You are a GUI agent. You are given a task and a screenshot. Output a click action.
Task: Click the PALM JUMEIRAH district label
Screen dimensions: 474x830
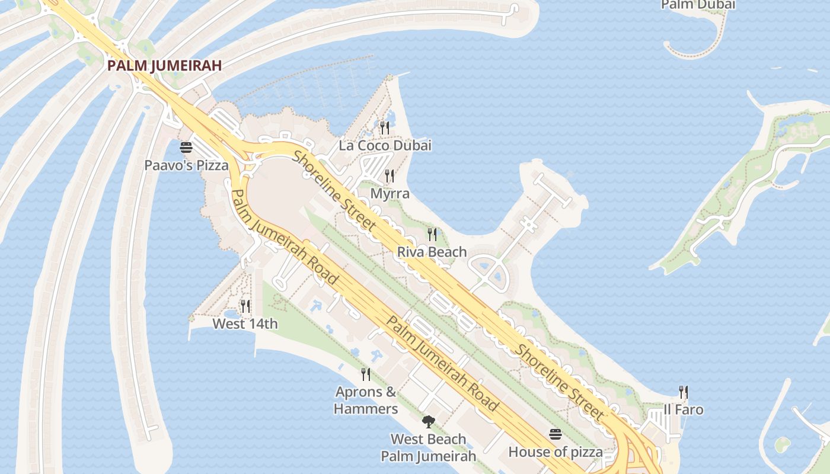click(x=164, y=65)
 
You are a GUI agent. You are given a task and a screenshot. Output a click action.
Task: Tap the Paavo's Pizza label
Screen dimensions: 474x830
click(x=186, y=165)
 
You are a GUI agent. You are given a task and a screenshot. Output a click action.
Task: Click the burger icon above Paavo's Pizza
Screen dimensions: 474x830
click(x=186, y=147)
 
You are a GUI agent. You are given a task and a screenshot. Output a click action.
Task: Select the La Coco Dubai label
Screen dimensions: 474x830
click(x=385, y=145)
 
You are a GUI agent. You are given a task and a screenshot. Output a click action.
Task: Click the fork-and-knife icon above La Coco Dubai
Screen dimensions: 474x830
click(x=384, y=127)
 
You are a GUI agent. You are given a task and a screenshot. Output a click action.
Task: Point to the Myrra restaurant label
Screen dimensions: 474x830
click(x=390, y=194)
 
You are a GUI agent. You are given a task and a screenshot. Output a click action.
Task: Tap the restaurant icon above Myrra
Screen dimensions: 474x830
click(x=389, y=175)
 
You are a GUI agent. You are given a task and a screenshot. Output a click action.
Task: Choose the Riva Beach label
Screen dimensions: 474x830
click(x=432, y=252)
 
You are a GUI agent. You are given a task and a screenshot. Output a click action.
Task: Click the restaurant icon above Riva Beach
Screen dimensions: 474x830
click(x=432, y=234)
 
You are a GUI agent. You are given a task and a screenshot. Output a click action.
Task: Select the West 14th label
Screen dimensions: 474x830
click(x=245, y=324)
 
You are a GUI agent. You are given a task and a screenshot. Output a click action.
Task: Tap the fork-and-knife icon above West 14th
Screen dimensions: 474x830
click(x=245, y=306)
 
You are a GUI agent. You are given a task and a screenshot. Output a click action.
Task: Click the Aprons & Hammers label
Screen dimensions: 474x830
click(x=366, y=400)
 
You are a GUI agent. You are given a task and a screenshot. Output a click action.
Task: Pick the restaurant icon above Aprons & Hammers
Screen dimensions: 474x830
click(x=366, y=374)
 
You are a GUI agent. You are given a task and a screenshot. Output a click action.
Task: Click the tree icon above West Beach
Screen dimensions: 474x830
click(x=428, y=421)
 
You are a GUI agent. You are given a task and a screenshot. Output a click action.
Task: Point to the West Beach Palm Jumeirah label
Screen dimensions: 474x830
click(x=428, y=447)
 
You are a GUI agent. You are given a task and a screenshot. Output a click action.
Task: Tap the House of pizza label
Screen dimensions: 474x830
click(x=556, y=452)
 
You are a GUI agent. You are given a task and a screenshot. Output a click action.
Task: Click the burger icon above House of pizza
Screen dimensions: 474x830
click(x=556, y=434)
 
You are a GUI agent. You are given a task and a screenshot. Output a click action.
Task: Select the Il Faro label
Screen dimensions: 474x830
click(x=683, y=409)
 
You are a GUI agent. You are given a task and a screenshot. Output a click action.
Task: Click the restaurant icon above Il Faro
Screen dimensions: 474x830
click(x=683, y=392)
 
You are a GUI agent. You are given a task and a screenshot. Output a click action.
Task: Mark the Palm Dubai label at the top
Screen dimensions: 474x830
click(x=698, y=5)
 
